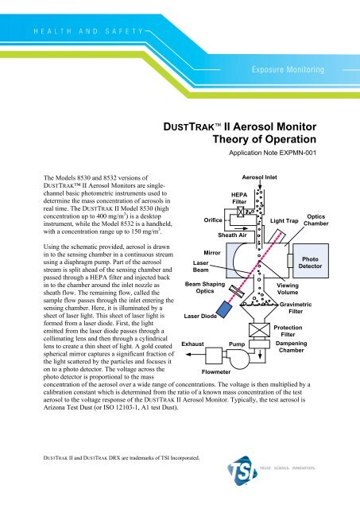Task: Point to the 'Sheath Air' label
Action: [x=232, y=235]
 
